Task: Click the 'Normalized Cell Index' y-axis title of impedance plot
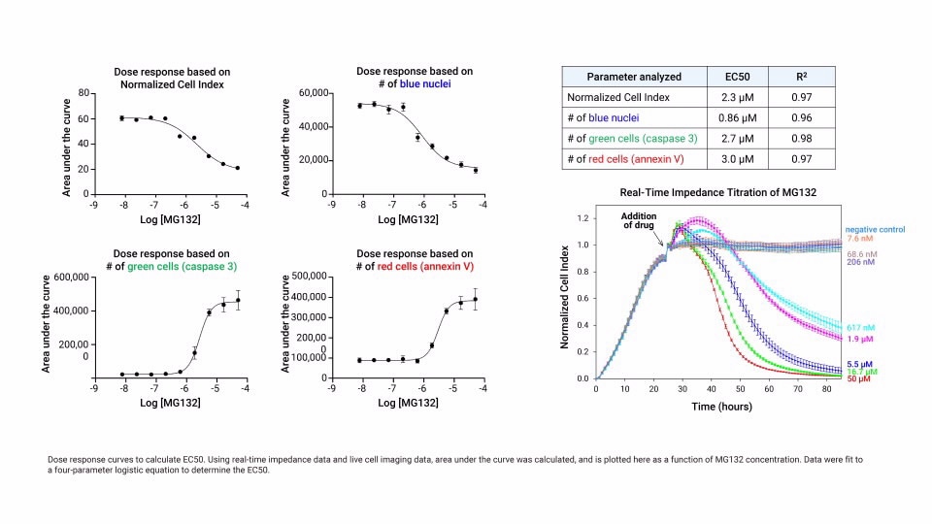[x=564, y=298]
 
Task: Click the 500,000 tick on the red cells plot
[x=306, y=277]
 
